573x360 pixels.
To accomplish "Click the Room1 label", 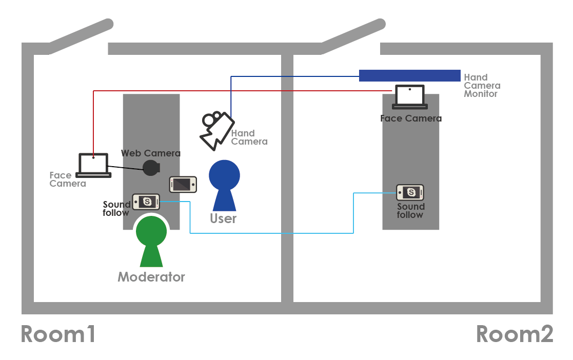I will point(58,334).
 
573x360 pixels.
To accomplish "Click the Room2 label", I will point(515,334).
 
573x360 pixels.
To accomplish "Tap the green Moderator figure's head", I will point(151,231).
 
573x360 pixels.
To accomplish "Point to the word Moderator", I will point(151,277).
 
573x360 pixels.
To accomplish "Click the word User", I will point(223,218).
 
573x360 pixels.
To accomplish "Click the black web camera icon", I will point(151,168).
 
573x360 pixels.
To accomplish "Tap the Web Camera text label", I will point(151,153).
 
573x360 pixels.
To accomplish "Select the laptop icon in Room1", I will point(93,165).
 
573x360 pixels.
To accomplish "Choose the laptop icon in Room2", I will point(410,97).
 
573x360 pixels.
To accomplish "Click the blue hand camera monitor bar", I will point(409,75).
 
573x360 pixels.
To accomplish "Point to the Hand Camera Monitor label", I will point(482,86).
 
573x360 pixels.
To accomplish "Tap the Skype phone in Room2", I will point(410,193).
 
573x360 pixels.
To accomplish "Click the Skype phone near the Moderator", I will point(146,202).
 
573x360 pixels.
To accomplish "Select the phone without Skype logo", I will point(183,184).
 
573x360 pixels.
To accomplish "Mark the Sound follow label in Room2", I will point(410,210).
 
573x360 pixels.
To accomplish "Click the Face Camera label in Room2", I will point(410,118).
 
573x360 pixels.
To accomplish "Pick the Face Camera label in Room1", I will point(67,179).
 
